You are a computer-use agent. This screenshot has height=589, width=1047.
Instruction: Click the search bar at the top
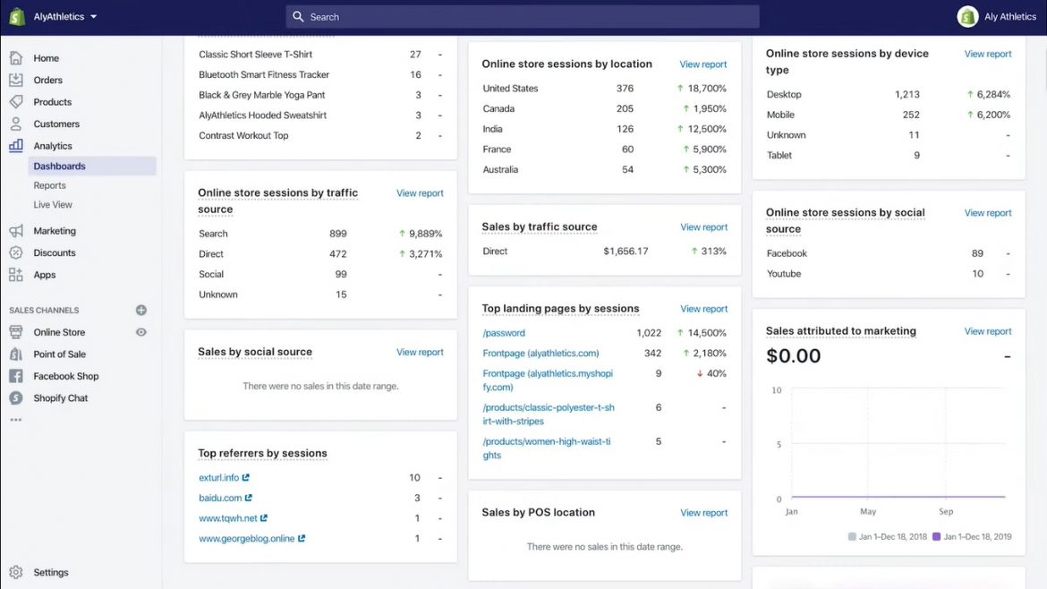coord(523,17)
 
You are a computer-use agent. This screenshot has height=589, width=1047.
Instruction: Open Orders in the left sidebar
coord(47,80)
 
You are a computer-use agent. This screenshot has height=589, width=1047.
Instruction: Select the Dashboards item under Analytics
coord(59,166)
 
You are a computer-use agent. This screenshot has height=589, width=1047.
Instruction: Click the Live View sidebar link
coord(53,205)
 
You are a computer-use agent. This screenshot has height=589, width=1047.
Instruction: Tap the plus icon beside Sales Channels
coord(141,311)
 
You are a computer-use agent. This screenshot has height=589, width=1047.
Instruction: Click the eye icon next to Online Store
coord(141,332)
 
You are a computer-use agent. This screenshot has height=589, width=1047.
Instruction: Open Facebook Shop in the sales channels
coord(65,377)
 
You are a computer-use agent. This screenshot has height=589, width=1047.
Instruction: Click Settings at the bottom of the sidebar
coord(50,573)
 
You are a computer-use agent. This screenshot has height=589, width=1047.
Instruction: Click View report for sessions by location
coord(703,64)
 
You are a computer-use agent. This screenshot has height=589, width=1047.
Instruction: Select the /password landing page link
coord(504,333)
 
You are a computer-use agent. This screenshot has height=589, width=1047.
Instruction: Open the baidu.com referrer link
coord(221,498)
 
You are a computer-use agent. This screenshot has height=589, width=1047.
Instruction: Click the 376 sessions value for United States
coord(625,89)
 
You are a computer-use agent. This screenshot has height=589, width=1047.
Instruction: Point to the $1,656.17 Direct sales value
coord(626,252)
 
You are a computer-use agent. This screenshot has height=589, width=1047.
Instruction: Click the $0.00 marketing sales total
coord(794,355)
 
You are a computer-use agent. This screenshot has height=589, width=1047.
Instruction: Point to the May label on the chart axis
coord(868,512)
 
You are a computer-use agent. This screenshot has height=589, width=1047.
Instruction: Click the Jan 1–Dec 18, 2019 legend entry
coord(972,536)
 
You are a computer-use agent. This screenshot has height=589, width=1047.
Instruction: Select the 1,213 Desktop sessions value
coord(907,94)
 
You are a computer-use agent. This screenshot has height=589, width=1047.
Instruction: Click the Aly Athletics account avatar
coord(967,17)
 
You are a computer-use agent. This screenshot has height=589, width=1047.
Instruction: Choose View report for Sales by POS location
coord(704,513)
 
